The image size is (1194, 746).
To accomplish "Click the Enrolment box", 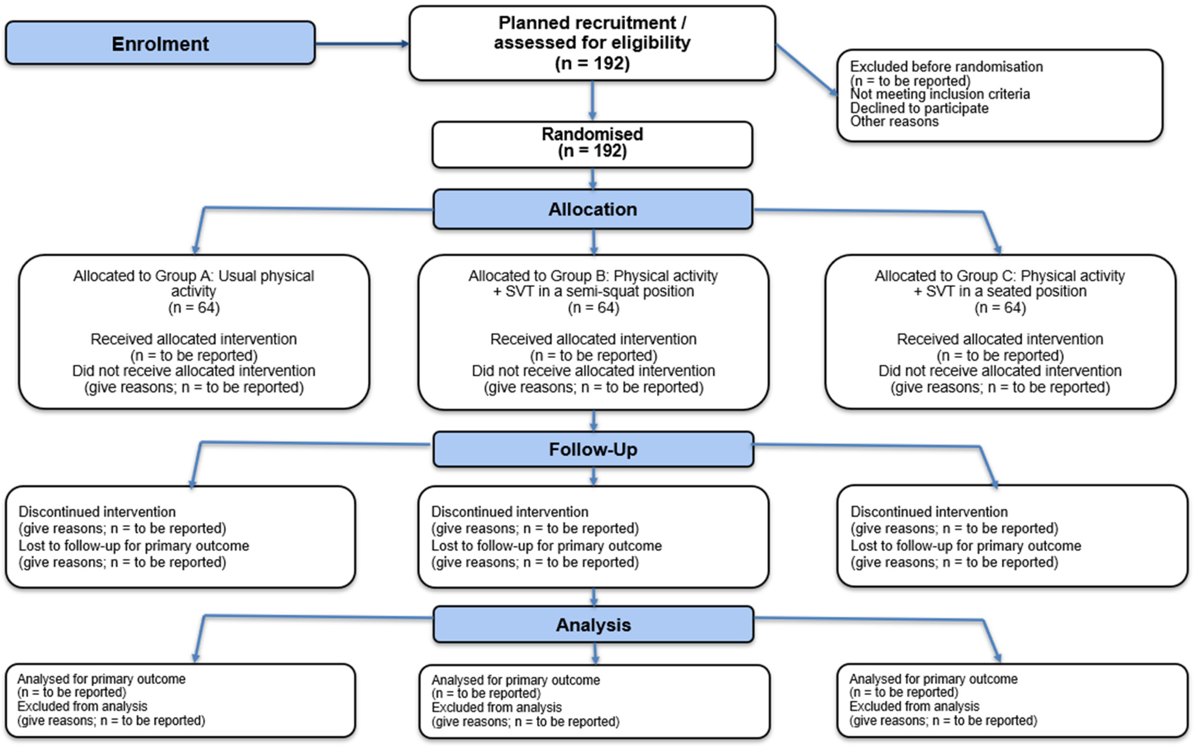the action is (x=160, y=43).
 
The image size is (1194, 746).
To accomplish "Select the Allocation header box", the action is (x=593, y=209).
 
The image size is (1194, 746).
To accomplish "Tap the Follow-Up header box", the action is (x=593, y=449).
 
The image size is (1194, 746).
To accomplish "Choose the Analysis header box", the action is (x=593, y=625).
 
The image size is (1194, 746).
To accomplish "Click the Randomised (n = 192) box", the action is (x=592, y=144).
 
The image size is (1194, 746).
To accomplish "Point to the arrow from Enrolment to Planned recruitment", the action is (x=362, y=44).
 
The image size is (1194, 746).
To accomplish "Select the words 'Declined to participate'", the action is (x=919, y=108).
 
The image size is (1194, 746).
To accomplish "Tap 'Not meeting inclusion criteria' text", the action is (x=940, y=94).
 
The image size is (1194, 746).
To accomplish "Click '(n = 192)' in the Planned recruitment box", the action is (x=592, y=63).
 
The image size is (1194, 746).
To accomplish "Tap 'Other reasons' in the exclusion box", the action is (x=894, y=121).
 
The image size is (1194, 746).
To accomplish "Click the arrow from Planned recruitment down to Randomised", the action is (x=592, y=100).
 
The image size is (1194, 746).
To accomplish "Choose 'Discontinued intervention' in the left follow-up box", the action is (x=97, y=512).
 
